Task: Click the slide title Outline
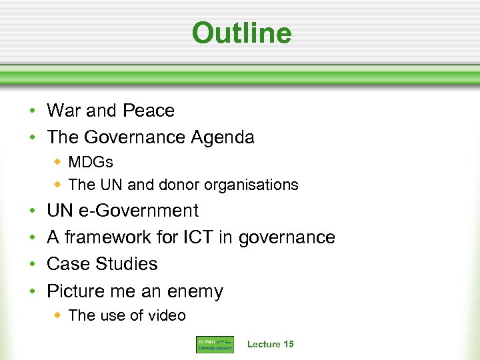tap(241, 33)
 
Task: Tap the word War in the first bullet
tap(64, 111)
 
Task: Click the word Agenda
tap(223, 137)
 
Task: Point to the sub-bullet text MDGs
tap(91, 163)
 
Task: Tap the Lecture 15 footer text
tap(270, 344)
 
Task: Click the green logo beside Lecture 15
tap(215, 344)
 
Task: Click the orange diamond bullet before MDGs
tap(58, 163)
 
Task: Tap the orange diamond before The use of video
tap(58, 315)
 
